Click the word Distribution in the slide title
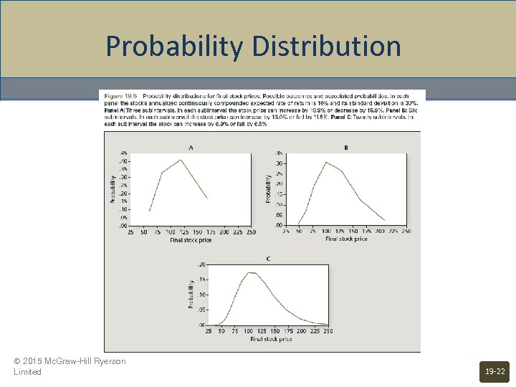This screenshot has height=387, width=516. click(x=325, y=47)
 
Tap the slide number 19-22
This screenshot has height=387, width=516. click(x=494, y=371)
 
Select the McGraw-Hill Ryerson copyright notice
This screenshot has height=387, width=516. click(x=70, y=366)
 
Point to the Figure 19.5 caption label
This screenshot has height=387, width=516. click(x=121, y=95)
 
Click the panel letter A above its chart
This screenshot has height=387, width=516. click(x=191, y=148)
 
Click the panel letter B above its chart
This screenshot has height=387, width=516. click(x=346, y=148)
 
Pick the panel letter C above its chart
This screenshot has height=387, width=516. click(x=268, y=259)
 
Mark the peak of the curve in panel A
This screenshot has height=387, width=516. click(x=181, y=160)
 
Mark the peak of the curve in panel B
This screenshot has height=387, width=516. click(x=327, y=162)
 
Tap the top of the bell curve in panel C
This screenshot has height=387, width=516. click(x=251, y=272)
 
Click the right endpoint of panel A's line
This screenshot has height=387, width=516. click(x=208, y=198)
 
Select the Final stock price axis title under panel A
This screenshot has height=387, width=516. click(x=191, y=240)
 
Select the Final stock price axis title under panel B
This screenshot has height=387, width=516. click(x=346, y=239)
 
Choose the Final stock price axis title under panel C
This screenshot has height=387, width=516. click(x=270, y=339)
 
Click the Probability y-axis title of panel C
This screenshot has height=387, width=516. click(x=191, y=295)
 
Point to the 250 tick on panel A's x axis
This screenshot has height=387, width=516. click(x=250, y=232)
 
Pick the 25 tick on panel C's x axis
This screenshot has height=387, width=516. click(x=208, y=332)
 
